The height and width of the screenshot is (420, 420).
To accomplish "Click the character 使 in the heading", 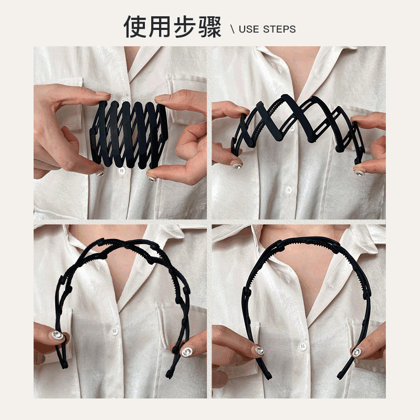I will tap(135, 27).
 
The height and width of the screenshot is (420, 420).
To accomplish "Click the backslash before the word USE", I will tap(233, 29).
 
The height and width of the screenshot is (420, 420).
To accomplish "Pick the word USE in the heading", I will tap(249, 29).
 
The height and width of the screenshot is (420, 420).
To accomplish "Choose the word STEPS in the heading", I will tap(279, 29).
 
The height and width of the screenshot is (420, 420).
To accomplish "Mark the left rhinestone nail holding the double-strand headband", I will tap(57, 335).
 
